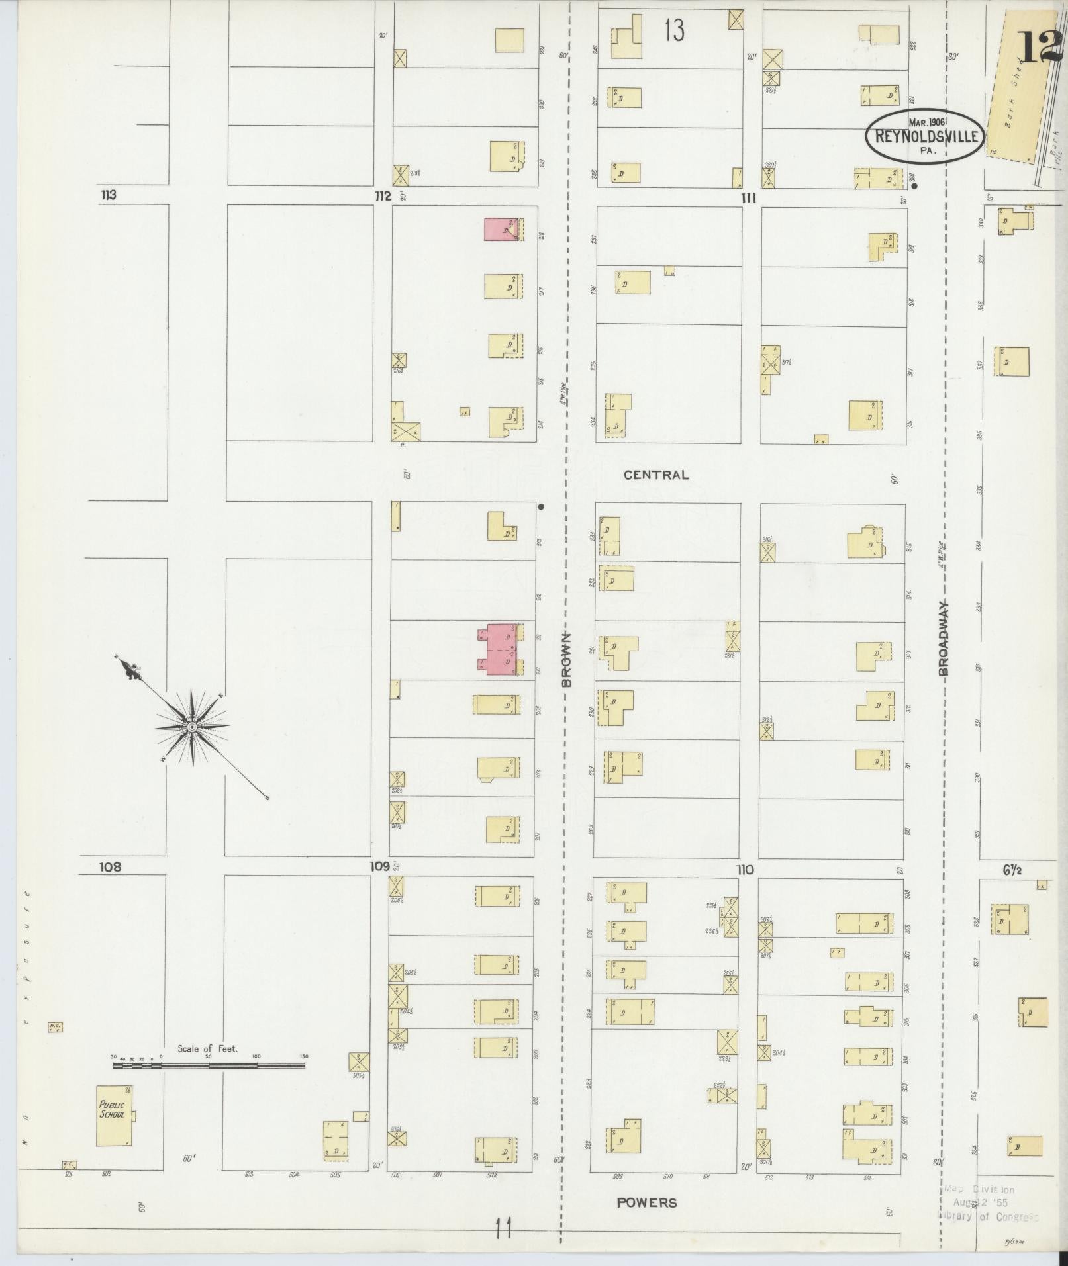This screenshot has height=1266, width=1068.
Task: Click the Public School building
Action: [114, 1115]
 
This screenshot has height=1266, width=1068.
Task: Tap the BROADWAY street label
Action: [944, 638]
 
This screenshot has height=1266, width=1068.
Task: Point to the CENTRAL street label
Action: [656, 475]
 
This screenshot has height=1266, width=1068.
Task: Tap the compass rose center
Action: [191, 727]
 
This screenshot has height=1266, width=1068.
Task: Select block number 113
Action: [108, 195]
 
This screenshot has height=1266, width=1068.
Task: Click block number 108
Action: [111, 866]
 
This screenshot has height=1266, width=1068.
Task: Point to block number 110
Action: [744, 870]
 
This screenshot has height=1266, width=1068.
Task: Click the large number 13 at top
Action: [674, 30]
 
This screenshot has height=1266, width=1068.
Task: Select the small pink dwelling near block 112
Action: [501, 229]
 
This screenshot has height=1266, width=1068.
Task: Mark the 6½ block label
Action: [1012, 870]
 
